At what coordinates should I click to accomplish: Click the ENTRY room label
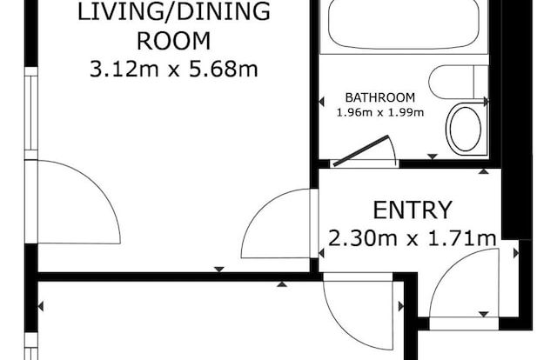413,210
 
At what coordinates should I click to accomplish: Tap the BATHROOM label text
379,97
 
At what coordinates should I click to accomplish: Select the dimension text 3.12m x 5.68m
173,69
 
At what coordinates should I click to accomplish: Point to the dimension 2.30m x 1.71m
412,238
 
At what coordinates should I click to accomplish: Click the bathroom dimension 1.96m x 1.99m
380,113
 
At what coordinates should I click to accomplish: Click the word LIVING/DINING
174,11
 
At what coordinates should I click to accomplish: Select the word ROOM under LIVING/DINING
174,41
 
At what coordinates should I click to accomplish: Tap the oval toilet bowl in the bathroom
466,129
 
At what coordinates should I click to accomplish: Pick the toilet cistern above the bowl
459,83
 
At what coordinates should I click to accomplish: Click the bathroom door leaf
361,150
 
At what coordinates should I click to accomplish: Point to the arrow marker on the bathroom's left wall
321,103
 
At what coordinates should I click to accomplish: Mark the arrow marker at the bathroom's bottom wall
433,157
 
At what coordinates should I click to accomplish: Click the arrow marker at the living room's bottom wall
219,270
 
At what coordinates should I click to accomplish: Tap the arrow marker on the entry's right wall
516,253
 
